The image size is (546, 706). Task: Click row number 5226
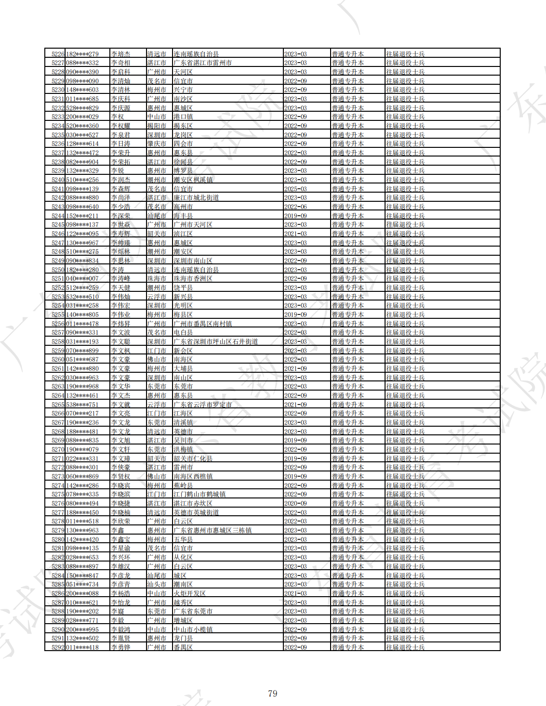point(58,54)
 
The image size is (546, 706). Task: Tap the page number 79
point(272,693)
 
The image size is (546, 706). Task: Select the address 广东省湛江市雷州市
point(202,63)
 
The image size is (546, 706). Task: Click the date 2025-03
point(295,189)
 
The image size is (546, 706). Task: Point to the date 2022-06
point(295,207)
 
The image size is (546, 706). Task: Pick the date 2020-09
point(295,503)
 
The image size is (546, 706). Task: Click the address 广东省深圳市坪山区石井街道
point(215,341)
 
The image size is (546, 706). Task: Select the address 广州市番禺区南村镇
point(202,324)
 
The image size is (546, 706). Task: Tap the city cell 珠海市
point(157,278)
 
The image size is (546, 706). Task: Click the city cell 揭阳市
point(157,126)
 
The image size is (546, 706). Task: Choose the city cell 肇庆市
point(157,144)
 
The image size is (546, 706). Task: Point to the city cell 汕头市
point(157,584)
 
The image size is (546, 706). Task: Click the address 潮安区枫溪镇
point(193,180)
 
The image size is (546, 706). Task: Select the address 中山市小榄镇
point(193,629)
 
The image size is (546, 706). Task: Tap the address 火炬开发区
point(189,593)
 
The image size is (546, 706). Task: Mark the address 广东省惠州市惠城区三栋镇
point(212,530)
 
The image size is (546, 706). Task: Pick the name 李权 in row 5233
point(118,117)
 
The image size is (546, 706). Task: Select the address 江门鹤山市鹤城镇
point(199,494)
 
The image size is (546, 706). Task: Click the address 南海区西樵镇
point(193,476)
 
